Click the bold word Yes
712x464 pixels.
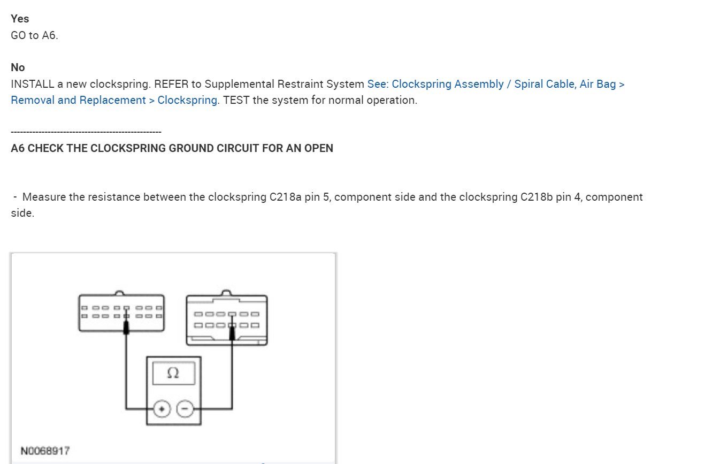[x=20, y=19]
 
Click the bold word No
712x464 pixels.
[x=18, y=67]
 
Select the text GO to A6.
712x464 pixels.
[x=34, y=36]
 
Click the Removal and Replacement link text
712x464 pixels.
[x=78, y=101]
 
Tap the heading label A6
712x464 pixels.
[x=18, y=149]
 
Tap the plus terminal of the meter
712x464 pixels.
[x=160, y=409]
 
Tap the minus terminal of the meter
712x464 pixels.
[x=185, y=409]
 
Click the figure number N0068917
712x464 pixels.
[x=45, y=451]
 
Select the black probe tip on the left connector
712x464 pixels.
[x=126, y=328]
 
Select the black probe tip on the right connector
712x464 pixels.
[x=232, y=334]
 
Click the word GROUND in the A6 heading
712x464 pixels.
[x=191, y=149]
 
